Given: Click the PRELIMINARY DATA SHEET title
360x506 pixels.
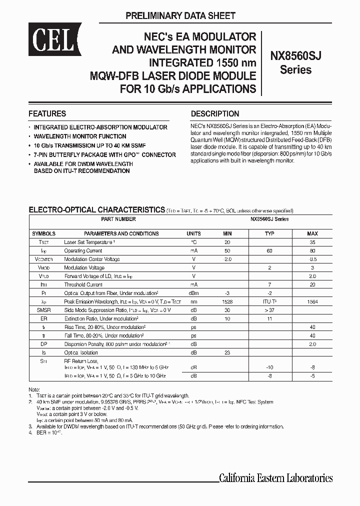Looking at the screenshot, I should click(x=180, y=15).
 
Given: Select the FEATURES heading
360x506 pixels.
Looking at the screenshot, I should click(x=47, y=113).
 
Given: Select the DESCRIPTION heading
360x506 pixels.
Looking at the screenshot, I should click(x=215, y=113).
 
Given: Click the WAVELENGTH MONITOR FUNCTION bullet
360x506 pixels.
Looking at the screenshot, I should click(x=79, y=136).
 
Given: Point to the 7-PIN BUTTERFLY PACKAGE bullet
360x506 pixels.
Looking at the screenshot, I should click(x=104, y=155).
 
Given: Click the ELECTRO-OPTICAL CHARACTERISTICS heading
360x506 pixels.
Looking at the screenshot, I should click(x=96, y=209).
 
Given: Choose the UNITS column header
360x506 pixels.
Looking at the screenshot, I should click(x=193, y=233).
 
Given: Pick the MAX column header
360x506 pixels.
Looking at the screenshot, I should click(x=312, y=233).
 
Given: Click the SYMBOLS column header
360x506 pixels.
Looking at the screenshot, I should click(x=44, y=233).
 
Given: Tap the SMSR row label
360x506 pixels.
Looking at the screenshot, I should click(x=44, y=310).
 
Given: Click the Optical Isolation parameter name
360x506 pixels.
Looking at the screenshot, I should click(x=80, y=353).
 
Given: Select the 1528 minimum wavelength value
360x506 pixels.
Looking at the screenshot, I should click(x=227, y=301).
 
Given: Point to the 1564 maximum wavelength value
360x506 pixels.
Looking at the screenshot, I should click(x=312, y=301).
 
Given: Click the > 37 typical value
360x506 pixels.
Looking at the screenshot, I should click(x=269, y=310).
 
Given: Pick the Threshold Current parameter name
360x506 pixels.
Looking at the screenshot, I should click(x=83, y=284).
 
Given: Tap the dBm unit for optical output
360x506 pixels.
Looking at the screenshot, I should click(x=193, y=293).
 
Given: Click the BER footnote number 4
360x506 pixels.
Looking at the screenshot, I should click(x=30, y=432).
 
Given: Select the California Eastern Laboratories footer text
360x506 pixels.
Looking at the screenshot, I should click(x=275, y=478).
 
